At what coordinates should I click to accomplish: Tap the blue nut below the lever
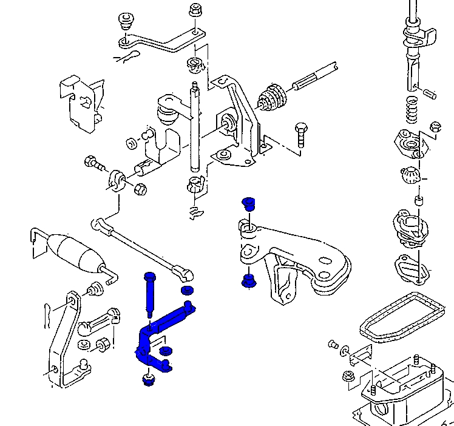(x=147, y=380)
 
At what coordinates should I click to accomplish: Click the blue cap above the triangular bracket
(x=247, y=203)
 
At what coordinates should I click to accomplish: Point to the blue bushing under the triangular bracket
(x=247, y=281)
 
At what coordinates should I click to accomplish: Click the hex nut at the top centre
(x=195, y=10)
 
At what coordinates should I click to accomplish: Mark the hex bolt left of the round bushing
(x=94, y=163)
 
